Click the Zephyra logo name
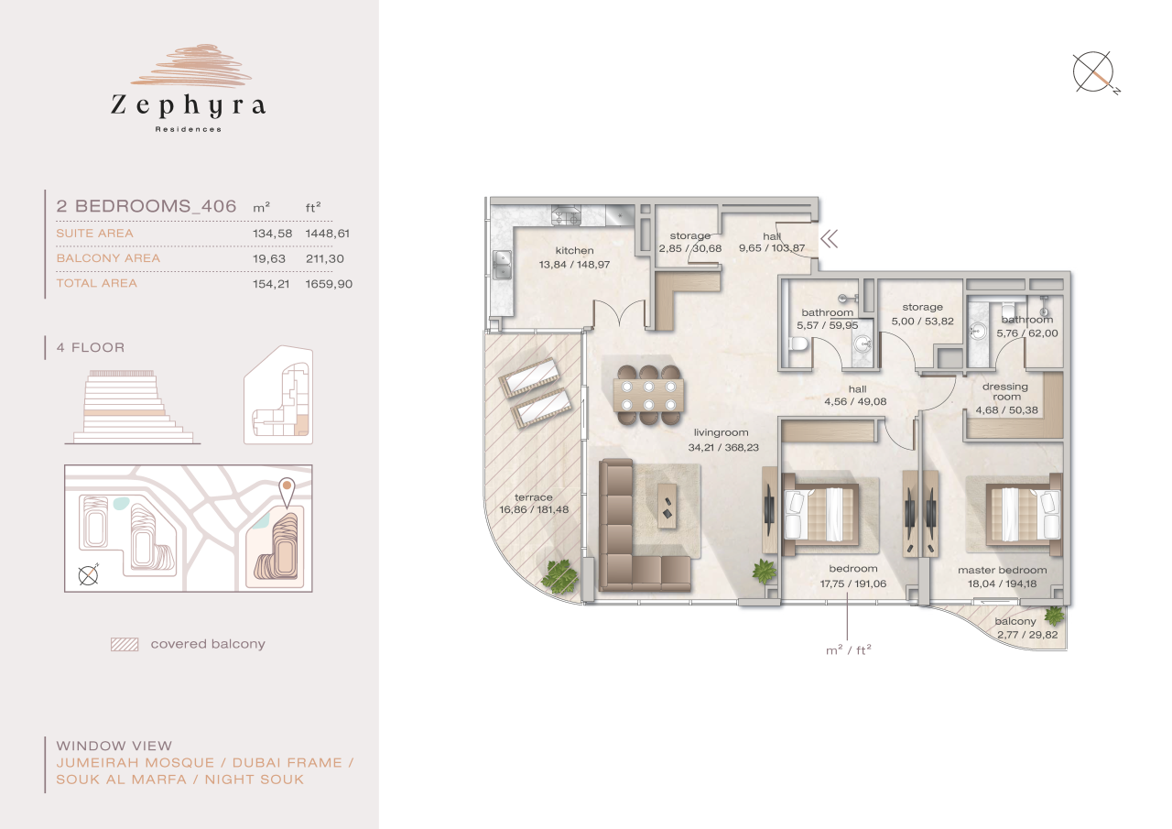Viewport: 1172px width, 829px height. point(188,105)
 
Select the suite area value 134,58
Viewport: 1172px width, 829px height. point(272,234)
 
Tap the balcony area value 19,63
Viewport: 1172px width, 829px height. point(272,258)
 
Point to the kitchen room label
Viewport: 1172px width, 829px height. point(574,251)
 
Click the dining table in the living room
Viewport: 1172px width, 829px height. point(648,395)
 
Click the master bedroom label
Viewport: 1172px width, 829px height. point(1002,571)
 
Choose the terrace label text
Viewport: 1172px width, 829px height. point(533,498)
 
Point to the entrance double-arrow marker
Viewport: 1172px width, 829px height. point(830,240)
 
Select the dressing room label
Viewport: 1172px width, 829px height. point(1004,392)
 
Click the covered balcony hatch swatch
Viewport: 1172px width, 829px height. point(124,644)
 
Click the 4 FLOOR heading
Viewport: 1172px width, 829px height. point(90,348)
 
